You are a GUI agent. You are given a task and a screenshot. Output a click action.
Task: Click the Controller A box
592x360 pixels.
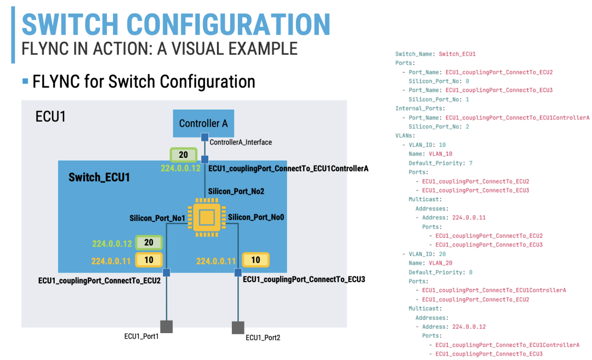203,123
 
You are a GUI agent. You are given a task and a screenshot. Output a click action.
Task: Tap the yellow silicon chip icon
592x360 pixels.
206,217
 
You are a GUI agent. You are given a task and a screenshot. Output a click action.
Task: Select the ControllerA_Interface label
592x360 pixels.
241,142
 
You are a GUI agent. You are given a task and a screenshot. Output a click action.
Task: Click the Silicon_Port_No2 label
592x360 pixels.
236,191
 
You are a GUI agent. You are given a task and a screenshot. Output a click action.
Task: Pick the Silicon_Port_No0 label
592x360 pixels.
256,217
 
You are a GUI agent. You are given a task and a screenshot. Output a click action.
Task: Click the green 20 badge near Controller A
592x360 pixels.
183,156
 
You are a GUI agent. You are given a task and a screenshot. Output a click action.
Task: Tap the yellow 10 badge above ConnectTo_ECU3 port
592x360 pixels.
255,260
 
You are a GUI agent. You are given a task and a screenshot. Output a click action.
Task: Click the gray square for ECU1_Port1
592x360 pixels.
166,327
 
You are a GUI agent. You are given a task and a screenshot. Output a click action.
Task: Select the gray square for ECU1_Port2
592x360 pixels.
238,328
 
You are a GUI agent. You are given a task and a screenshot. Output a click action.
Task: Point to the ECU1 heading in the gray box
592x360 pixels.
50,117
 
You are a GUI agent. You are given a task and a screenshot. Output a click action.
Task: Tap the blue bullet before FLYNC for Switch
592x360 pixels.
25,82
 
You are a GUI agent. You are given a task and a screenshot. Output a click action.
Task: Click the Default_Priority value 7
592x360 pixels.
471,163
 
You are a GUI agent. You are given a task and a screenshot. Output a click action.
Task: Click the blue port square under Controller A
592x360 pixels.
204,136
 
